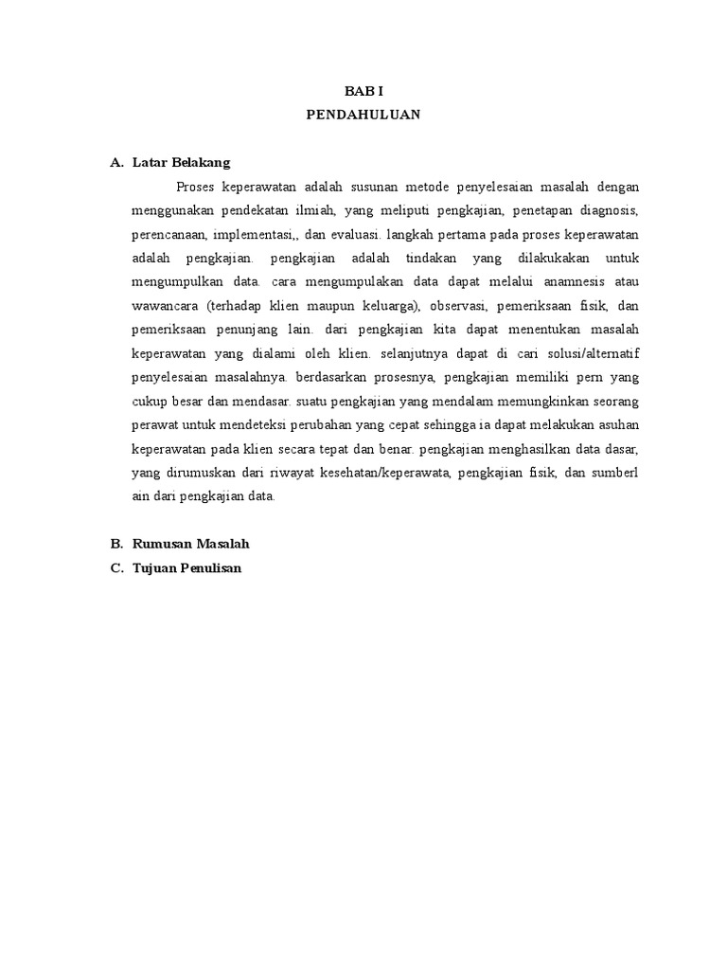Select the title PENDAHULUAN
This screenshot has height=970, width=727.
pyautogui.click(x=363, y=115)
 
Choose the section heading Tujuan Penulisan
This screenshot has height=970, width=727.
pyautogui.click(x=187, y=568)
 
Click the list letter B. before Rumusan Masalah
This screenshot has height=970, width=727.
pyautogui.click(x=117, y=545)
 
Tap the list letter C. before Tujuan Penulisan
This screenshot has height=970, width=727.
pyautogui.click(x=117, y=568)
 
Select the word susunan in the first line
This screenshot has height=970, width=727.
pyautogui.click(x=360, y=186)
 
